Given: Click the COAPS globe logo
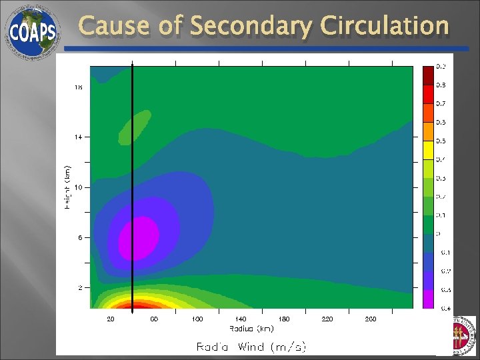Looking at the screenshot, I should pos(31,31).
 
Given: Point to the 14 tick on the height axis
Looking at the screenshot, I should pos(78,137).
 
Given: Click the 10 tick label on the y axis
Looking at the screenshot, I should pos(78,187).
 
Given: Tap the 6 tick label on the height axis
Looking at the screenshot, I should pos(79,237).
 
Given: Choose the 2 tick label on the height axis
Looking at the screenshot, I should pos(79,287).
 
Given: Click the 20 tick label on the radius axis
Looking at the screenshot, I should pos(111,319).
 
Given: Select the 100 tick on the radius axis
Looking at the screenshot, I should pos(197,319).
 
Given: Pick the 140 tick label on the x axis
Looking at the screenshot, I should pos(240,319).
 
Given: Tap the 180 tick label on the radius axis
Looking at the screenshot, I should pos(283,319).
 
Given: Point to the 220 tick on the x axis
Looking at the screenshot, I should pos(327,319).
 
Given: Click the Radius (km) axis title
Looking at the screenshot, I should pos(251,328).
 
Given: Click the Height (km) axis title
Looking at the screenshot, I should pos(67,187).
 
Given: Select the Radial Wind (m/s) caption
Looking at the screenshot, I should pos(251,347).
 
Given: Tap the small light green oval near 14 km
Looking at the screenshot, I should pos(135,126).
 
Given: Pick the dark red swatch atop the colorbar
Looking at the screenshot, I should pos(427,75).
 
